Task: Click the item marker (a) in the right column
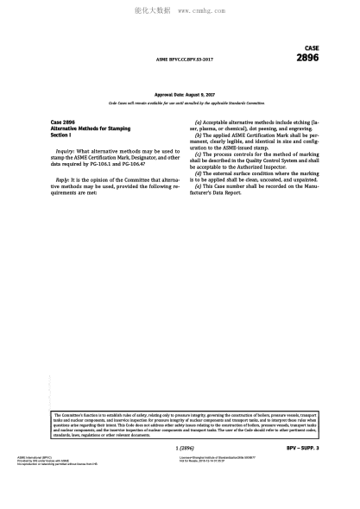tap(199, 123)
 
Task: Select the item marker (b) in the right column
tap(199, 136)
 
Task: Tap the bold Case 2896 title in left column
tap(63, 123)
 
